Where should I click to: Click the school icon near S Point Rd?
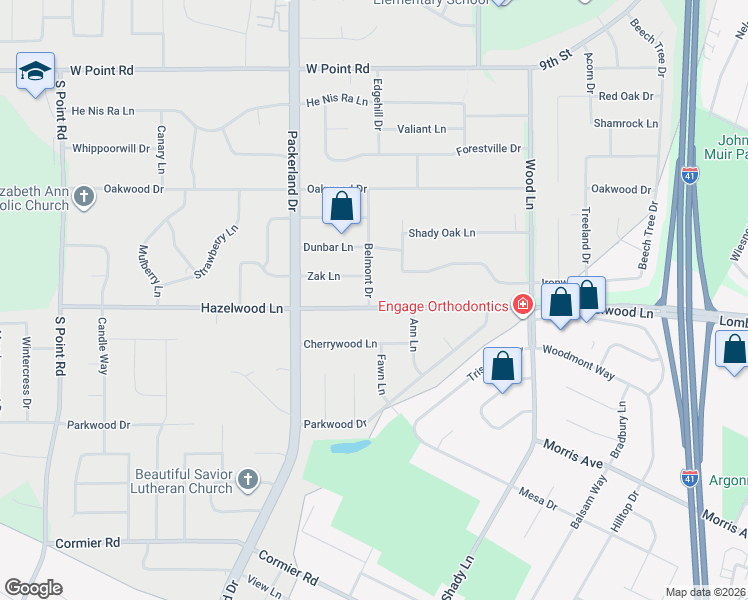coord(35,72)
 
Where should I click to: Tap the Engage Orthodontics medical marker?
coord(521,304)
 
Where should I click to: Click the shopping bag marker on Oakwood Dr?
coord(341,208)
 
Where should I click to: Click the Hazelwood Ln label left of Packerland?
coord(241,310)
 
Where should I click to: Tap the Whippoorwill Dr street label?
coord(111,148)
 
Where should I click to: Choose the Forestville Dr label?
coord(489,149)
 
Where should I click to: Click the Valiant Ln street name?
coord(422,129)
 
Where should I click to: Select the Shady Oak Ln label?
coord(441,233)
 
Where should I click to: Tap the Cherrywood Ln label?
coord(340,344)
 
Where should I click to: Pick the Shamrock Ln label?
coord(626,124)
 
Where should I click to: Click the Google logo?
coord(33,588)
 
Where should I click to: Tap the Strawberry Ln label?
coord(216,252)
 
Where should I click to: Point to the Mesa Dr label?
coord(537,498)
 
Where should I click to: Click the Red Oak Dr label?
coord(626,97)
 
